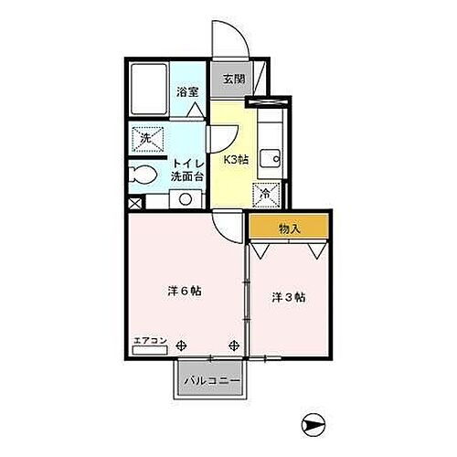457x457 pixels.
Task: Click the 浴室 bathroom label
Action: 188,91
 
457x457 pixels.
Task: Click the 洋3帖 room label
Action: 288,297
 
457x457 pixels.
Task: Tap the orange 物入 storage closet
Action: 289,228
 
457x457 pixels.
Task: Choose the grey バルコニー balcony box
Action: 210,378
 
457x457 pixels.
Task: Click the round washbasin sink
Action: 185,197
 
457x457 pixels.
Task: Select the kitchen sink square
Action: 269,158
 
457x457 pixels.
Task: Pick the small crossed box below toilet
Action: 135,204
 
